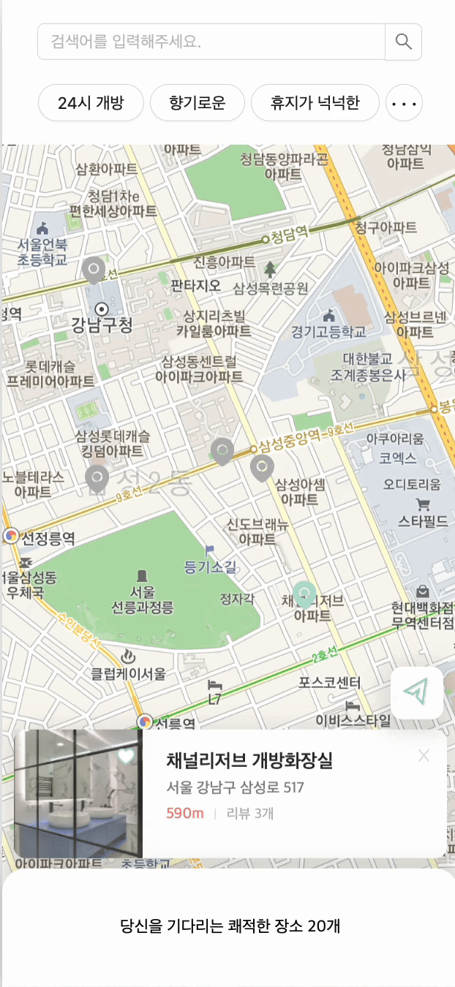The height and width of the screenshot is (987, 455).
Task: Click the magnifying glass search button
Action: click(x=403, y=42)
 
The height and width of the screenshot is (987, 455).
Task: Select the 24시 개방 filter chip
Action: click(x=91, y=102)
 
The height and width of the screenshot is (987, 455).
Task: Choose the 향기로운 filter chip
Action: click(x=197, y=102)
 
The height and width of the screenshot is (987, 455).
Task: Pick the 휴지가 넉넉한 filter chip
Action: click(x=315, y=102)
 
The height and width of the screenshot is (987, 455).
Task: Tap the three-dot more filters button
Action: click(x=404, y=103)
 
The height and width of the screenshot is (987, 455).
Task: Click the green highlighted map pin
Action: click(x=304, y=594)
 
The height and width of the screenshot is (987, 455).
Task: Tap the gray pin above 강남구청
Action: click(x=94, y=270)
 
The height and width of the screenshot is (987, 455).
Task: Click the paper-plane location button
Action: click(x=417, y=692)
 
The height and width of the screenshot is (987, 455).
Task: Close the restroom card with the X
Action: click(x=424, y=756)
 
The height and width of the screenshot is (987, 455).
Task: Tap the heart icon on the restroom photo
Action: click(x=127, y=756)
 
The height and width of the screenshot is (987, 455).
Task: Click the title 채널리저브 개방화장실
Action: click(x=249, y=760)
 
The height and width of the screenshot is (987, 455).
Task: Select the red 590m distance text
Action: click(x=185, y=813)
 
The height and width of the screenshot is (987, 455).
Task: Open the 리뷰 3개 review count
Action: click(x=250, y=813)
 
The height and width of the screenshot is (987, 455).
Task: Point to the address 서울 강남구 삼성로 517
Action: click(x=235, y=787)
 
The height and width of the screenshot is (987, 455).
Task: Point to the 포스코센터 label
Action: click(x=330, y=682)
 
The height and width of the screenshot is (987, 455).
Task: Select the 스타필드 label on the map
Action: click(x=423, y=521)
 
